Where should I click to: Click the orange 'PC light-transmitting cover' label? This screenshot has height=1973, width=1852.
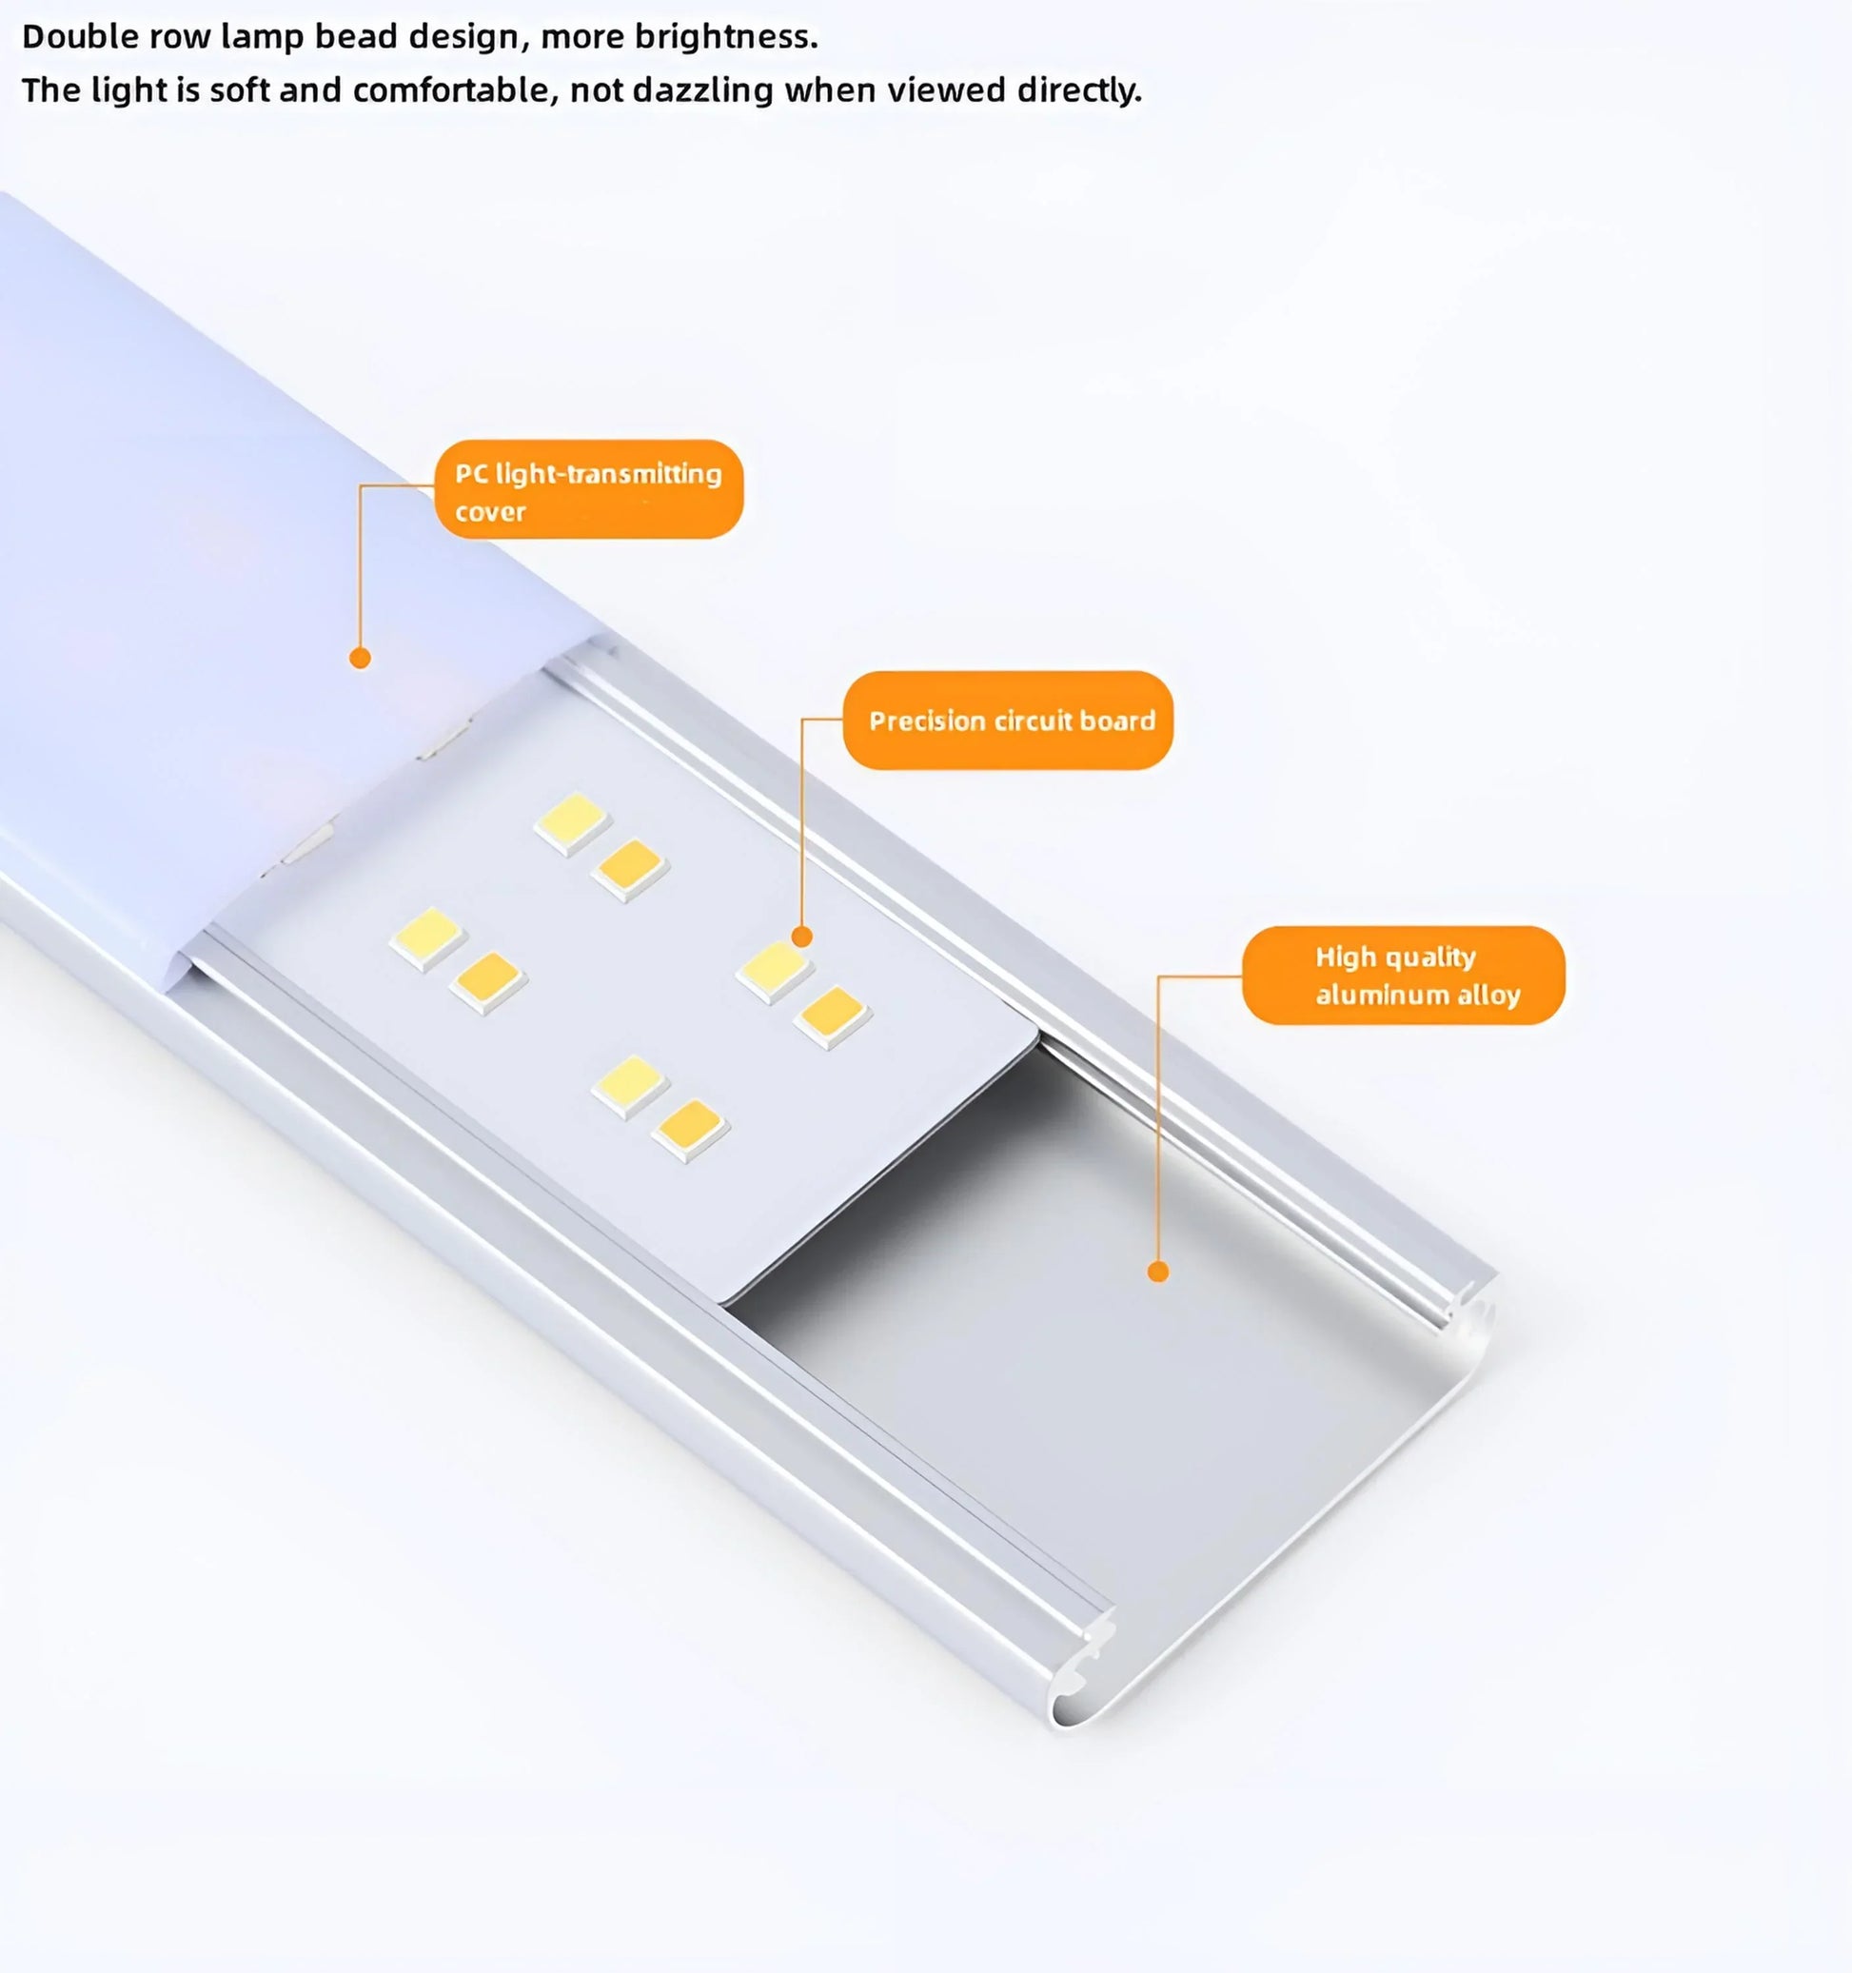click(x=588, y=490)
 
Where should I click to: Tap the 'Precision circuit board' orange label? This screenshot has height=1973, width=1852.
click(x=1008, y=720)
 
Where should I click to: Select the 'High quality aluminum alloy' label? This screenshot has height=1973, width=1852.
click(x=1403, y=976)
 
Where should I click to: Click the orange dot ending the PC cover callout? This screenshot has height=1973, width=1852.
click(x=361, y=658)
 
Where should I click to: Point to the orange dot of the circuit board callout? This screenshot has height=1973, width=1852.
click(x=802, y=936)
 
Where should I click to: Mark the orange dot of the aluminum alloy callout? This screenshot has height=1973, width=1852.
click(x=1157, y=1272)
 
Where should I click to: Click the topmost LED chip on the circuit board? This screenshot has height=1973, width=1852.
click(x=571, y=820)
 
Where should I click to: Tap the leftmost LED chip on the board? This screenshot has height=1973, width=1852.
click(x=426, y=936)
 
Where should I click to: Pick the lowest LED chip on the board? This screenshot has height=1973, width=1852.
click(x=691, y=1129)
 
